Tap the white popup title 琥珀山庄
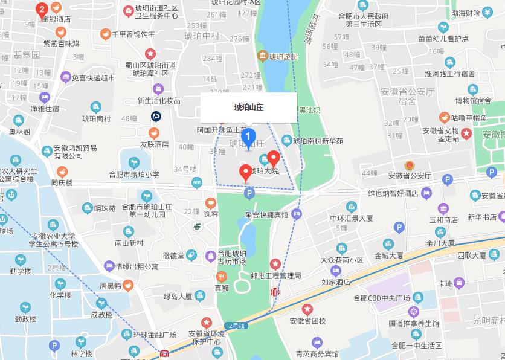[x=248, y=108]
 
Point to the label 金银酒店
[x=56, y=19]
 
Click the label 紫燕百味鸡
[x=61, y=43]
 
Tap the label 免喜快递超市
[x=93, y=77]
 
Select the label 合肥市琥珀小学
[x=133, y=174]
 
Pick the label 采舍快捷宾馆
[x=266, y=214]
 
